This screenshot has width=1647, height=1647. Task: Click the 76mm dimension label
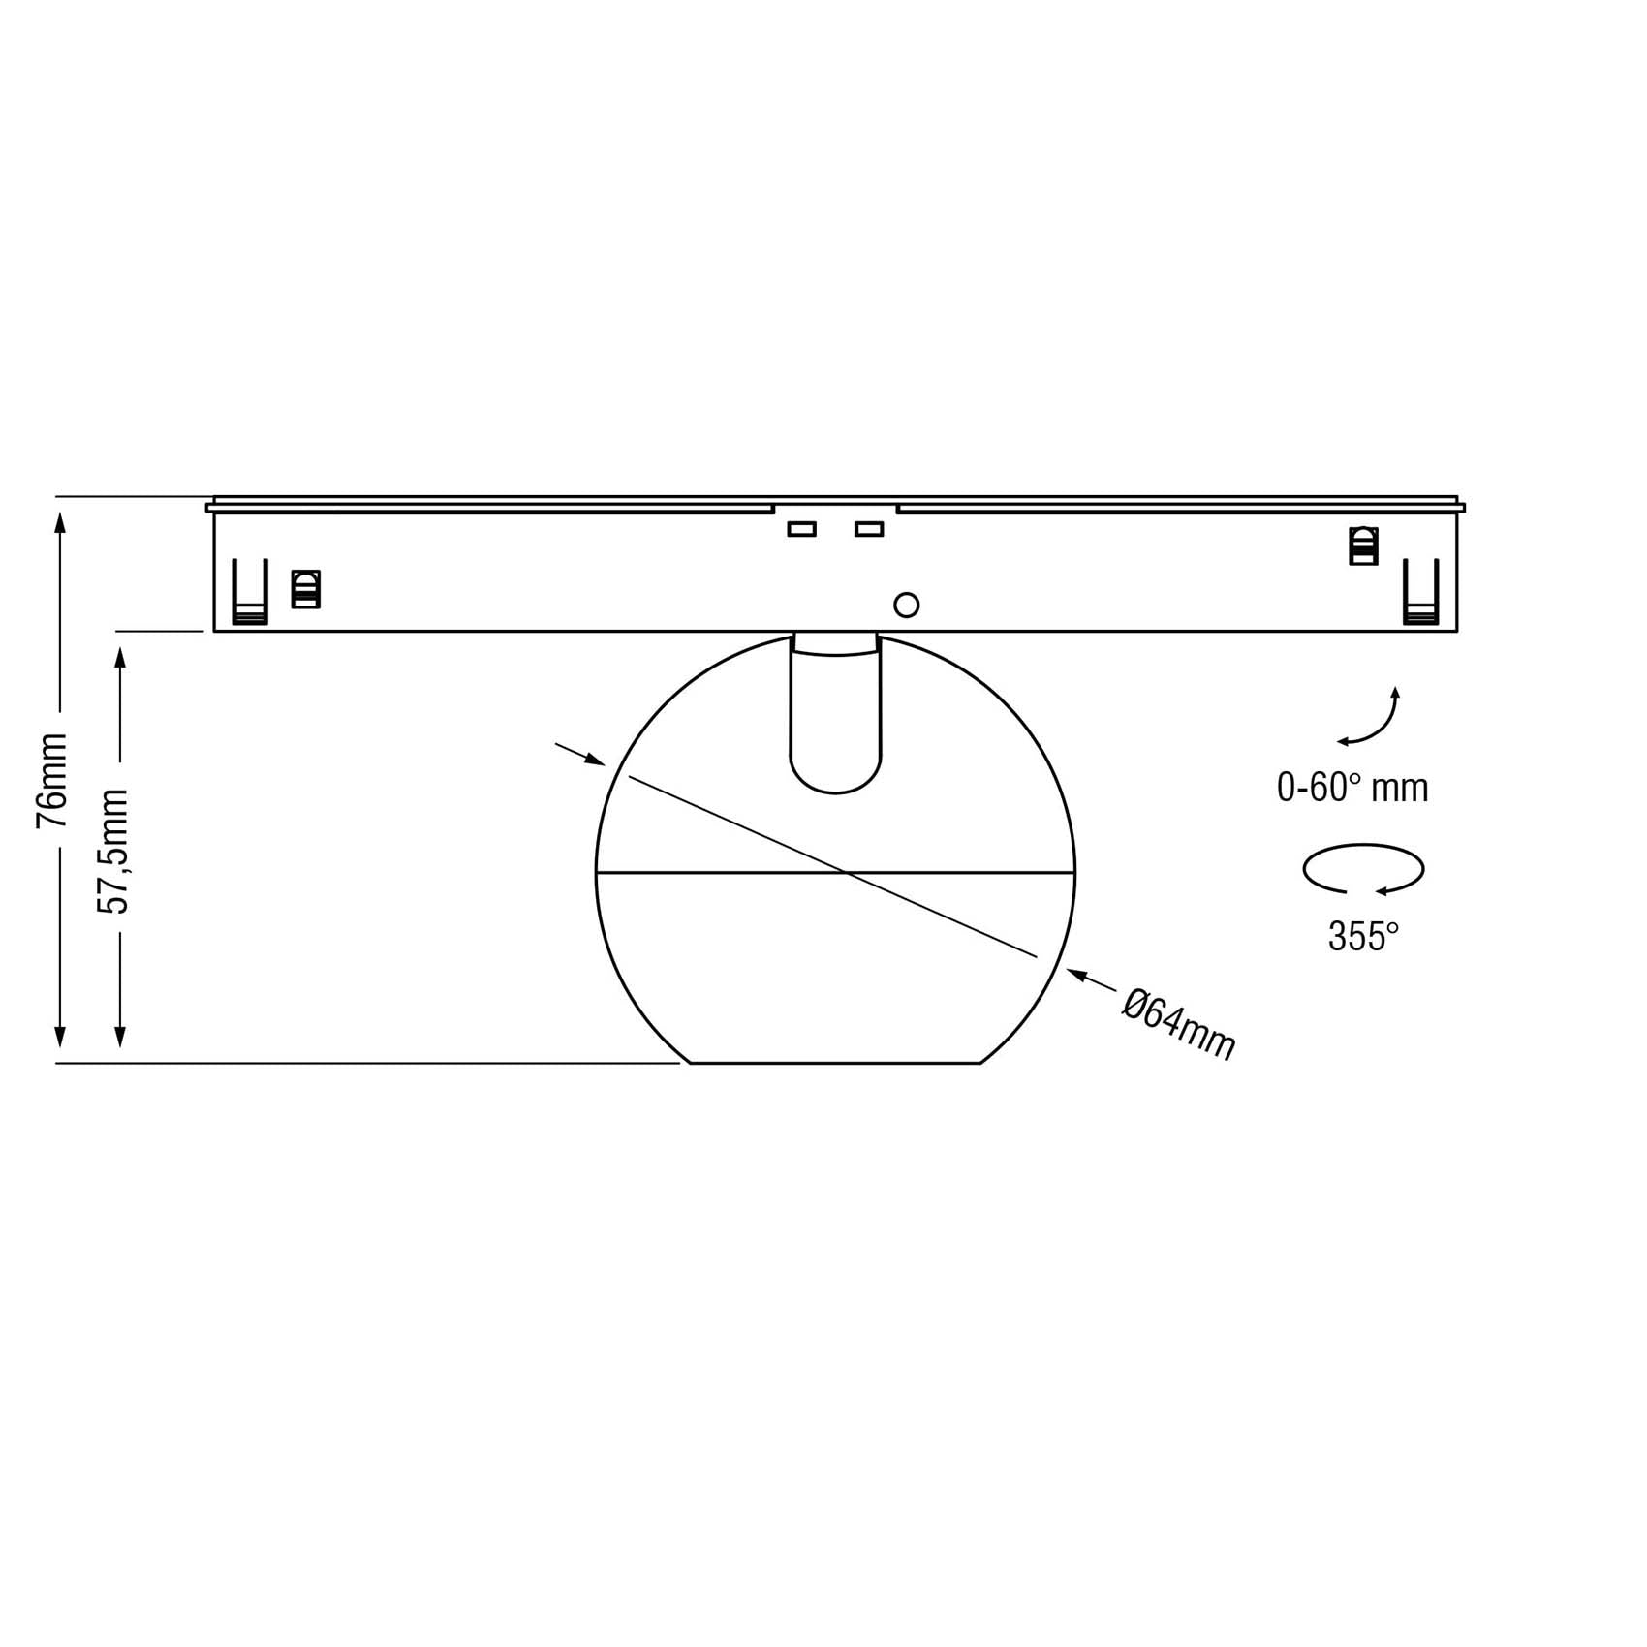(52, 780)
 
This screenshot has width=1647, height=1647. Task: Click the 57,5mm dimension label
(113, 851)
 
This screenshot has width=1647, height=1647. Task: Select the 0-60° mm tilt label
(1352, 788)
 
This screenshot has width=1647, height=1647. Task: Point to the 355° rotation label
(1363, 937)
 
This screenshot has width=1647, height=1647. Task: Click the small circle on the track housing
(906, 606)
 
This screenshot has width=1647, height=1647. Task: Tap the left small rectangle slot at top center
(801, 529)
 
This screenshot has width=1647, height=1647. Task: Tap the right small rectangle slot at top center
(869, 529)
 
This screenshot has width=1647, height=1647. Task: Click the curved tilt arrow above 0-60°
(1373, 719)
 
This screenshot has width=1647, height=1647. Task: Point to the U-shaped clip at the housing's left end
(250, 592)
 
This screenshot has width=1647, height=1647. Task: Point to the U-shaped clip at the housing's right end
(1421, 592)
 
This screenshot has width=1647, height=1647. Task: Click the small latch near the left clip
(306, 589)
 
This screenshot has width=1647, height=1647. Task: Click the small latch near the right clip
(1363, 544)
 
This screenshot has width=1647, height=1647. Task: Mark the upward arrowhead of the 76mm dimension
(60, 524)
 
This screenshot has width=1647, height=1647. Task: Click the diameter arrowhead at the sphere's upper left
(594, 761)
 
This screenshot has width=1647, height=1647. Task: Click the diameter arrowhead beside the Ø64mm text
(1077, 975)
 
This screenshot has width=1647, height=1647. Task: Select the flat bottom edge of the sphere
(835, 1063)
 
